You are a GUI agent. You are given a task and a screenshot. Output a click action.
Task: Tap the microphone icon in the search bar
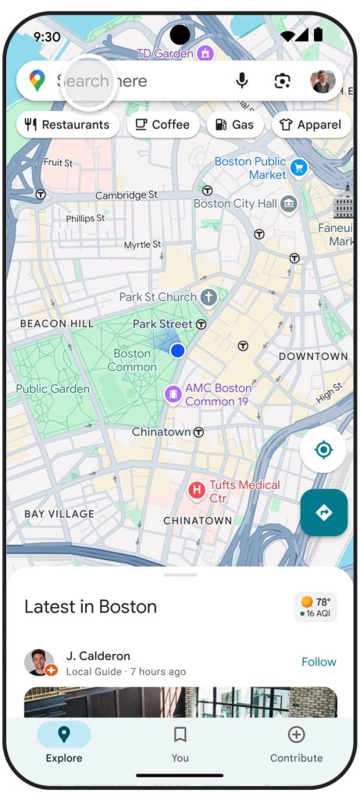242,80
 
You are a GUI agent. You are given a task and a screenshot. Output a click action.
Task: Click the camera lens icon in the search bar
283,80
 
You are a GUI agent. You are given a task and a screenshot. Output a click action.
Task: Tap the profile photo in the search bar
323,80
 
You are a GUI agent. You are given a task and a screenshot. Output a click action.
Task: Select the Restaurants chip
68,124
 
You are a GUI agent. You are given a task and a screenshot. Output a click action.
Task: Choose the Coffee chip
162,124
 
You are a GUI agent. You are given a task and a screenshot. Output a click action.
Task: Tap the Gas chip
234,124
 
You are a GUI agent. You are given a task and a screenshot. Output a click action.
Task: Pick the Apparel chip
312,124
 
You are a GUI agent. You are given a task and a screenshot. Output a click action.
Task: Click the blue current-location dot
177,351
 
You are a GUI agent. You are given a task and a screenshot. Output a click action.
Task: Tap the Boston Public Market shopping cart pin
298,167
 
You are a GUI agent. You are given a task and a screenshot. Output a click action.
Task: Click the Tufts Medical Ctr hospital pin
198,491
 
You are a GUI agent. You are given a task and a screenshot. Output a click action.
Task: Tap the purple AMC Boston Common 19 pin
173,395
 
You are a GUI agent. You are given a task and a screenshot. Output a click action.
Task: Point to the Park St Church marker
209,297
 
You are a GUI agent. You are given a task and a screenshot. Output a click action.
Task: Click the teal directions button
323,512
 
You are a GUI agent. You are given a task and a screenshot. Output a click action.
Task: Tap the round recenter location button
323,450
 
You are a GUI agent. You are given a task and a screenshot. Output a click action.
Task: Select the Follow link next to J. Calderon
319,662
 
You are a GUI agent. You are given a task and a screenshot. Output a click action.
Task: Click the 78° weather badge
315,607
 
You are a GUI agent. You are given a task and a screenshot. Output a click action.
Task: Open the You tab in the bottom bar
180,743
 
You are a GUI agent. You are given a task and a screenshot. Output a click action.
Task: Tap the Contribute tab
296,743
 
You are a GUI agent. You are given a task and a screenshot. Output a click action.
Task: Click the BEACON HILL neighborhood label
56,323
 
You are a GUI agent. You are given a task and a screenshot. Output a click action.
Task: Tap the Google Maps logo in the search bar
37,80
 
